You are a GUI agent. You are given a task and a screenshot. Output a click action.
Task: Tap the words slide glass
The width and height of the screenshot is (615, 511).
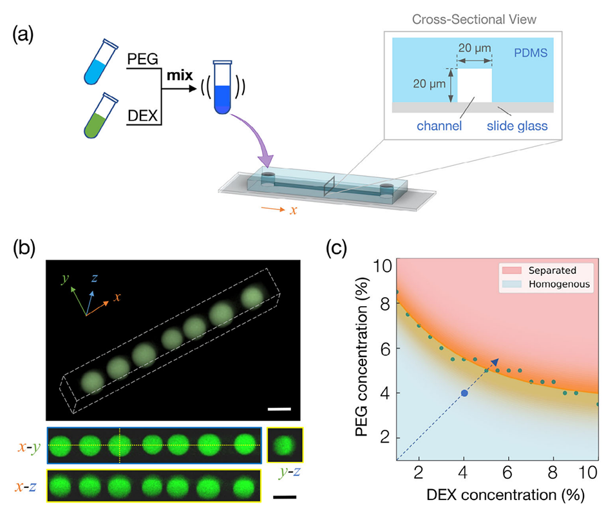[516, 126]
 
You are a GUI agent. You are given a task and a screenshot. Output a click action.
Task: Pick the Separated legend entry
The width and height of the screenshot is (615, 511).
[554, 270]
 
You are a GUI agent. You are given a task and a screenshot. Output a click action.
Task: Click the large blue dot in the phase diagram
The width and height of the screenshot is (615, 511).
[464, 393]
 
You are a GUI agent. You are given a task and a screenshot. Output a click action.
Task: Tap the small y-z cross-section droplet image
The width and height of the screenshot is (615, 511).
[283, 445]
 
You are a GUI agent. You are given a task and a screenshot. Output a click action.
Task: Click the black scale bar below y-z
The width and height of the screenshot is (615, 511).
[283, 497]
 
